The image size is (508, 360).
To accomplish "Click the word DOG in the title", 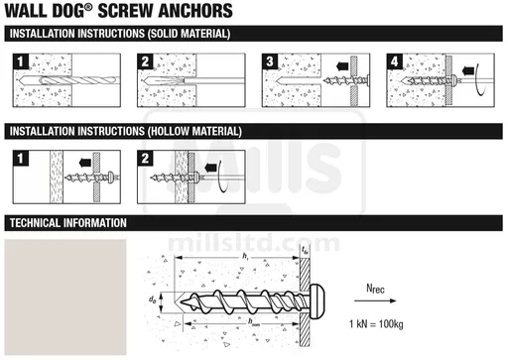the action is (x=68, y=11).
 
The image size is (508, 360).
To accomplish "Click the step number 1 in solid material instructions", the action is (x=21, y=61).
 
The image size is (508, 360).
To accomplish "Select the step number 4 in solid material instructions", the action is (x=394, y=61).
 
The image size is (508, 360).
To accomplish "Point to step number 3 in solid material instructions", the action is (x=270, y=61).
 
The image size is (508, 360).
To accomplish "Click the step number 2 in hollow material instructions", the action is (x=145, y=159).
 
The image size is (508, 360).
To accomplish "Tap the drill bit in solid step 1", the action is (x=67, y=80).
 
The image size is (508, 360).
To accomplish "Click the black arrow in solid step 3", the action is (x=342, y=66).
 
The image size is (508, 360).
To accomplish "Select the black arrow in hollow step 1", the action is (x=85, y=163).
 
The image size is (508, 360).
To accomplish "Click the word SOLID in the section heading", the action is (x=163, y=34).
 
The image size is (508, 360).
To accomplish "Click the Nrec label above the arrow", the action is (x=375, y=289).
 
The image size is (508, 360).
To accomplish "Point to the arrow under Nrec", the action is (x=375, y=300).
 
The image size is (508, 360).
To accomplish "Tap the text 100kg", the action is (x=391, y=324).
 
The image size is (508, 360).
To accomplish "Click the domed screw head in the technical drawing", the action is (x=317, y=300).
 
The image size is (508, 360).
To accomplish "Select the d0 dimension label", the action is (x=152, y=300).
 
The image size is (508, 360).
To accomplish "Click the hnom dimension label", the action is (x=254, y=321).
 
